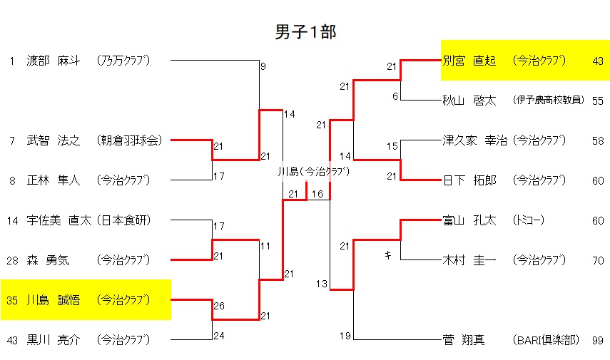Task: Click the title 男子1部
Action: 305,32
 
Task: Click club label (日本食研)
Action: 124,220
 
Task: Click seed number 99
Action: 597,341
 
